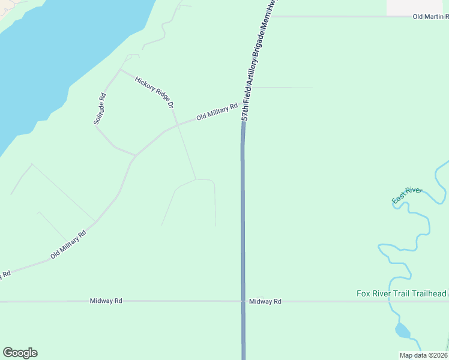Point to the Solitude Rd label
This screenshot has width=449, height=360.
(x=100, y=109)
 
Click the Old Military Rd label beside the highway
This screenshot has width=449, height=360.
(x=217, y=111)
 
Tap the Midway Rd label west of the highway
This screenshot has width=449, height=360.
(x=106, y=301)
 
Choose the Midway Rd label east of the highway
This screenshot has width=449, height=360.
(x=265, y=301)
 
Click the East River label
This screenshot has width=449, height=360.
(x=407, y=194)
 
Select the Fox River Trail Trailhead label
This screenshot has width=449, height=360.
(x=402, y=293)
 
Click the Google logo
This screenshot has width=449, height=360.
(x=20, y=353)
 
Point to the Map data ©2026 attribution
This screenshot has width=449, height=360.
(x=424, y=355)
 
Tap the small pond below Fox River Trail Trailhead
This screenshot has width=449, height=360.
(x=402, y=330)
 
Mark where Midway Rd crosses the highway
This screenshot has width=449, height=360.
(x=243, y=301)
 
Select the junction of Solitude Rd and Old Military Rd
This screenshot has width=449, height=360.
(x=136, y=155)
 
